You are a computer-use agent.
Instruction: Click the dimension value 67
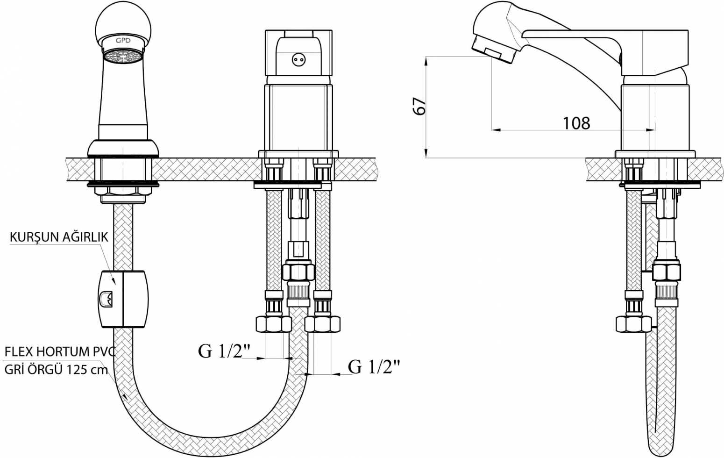point(419,106)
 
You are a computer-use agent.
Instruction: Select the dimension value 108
point(576,123)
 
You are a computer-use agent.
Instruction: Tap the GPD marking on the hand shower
point(123,41)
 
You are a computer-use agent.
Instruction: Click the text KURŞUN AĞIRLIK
point(59,237)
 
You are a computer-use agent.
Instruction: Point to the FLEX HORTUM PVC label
point(60,351)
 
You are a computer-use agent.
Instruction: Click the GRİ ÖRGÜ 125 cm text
point(56,370)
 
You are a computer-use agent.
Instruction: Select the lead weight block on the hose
point(123,299)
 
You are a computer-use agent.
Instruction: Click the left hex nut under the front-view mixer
point(273,324)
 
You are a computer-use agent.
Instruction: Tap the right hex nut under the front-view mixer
point(323,324)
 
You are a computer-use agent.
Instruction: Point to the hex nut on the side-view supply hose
point(633,324)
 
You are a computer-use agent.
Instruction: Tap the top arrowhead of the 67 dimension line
point(426,61)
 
